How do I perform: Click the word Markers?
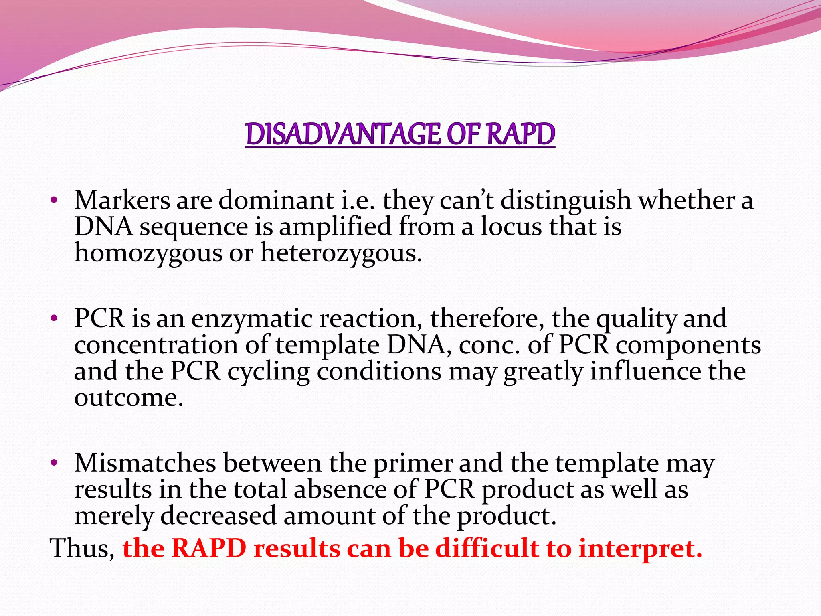122,200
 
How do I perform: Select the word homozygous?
148,253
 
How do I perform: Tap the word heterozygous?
341,253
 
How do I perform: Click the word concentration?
156,345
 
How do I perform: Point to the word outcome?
128,398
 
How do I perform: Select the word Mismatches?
145,463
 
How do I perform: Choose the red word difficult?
487,548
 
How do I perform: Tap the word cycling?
269,372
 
